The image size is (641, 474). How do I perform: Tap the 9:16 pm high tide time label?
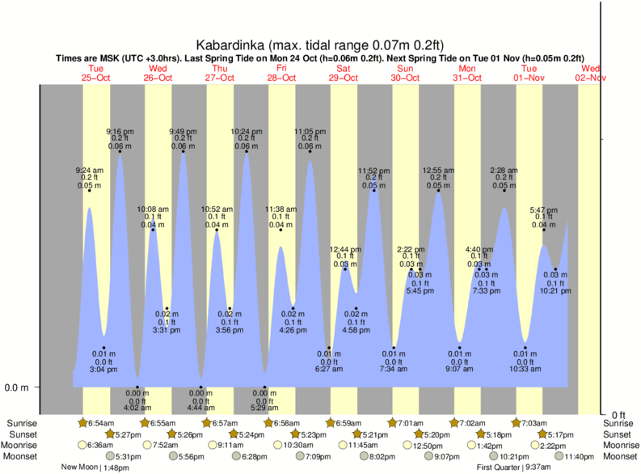[x=120, y=131]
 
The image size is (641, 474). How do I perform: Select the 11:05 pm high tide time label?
[x=310, y=131]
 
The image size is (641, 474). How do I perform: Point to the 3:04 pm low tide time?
[x=104, y=370]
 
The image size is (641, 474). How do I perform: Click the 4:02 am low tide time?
[x=137, y=408]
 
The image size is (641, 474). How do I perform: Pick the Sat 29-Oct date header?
[x=344, y=73]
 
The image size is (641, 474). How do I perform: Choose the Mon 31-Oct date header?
[x=467, y=73]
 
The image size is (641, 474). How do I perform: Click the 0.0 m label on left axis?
[x=16, y=387]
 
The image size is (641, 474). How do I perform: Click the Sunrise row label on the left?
[x=22, y=423]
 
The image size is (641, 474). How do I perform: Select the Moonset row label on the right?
[x=619, y=456]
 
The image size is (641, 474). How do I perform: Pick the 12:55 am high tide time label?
[x=439, y=170]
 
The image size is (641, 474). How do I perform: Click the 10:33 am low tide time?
[x=525, y=370]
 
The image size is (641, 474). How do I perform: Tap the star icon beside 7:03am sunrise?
[x=515, y=422]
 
